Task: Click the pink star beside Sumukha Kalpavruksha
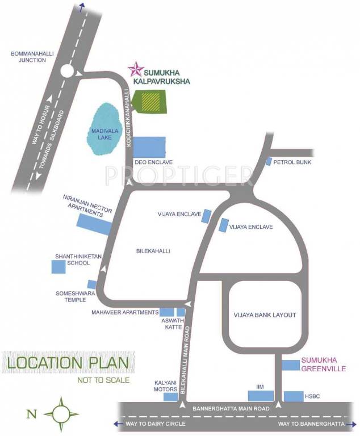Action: point(136,69)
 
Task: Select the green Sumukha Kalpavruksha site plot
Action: point(150,103)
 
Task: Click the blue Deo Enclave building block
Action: point(149,147)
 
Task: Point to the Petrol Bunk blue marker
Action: point(269,161)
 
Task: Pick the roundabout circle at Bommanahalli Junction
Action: point(68,72)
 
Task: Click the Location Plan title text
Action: point(66,363)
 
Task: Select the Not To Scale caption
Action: point(103,380)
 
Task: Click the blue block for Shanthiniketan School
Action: point(58,266)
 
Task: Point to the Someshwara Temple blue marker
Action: point(92,284)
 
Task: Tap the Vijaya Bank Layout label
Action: point(265,315)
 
